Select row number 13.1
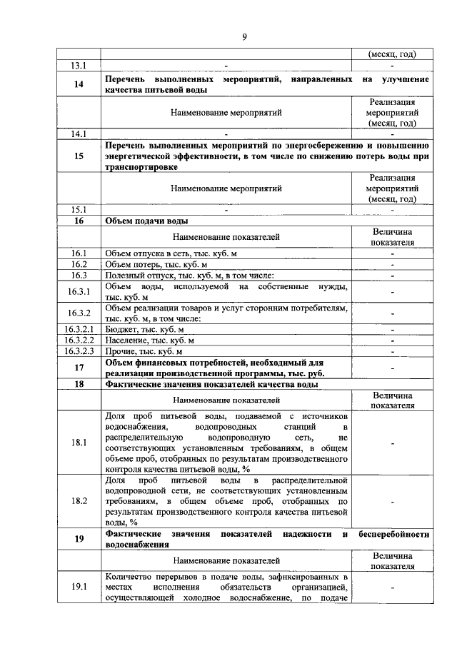tap(79, 66)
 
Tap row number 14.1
tap(79, 133)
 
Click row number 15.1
tap(79, 210)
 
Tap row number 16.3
tap(79, 275)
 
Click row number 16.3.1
tap(79, 291)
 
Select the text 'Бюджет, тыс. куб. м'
tap(144, 329)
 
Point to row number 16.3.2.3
tap(79, 351)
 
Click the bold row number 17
tap(79, 368)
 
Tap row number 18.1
tap(79, 443)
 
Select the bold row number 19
tap(79, 539)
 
